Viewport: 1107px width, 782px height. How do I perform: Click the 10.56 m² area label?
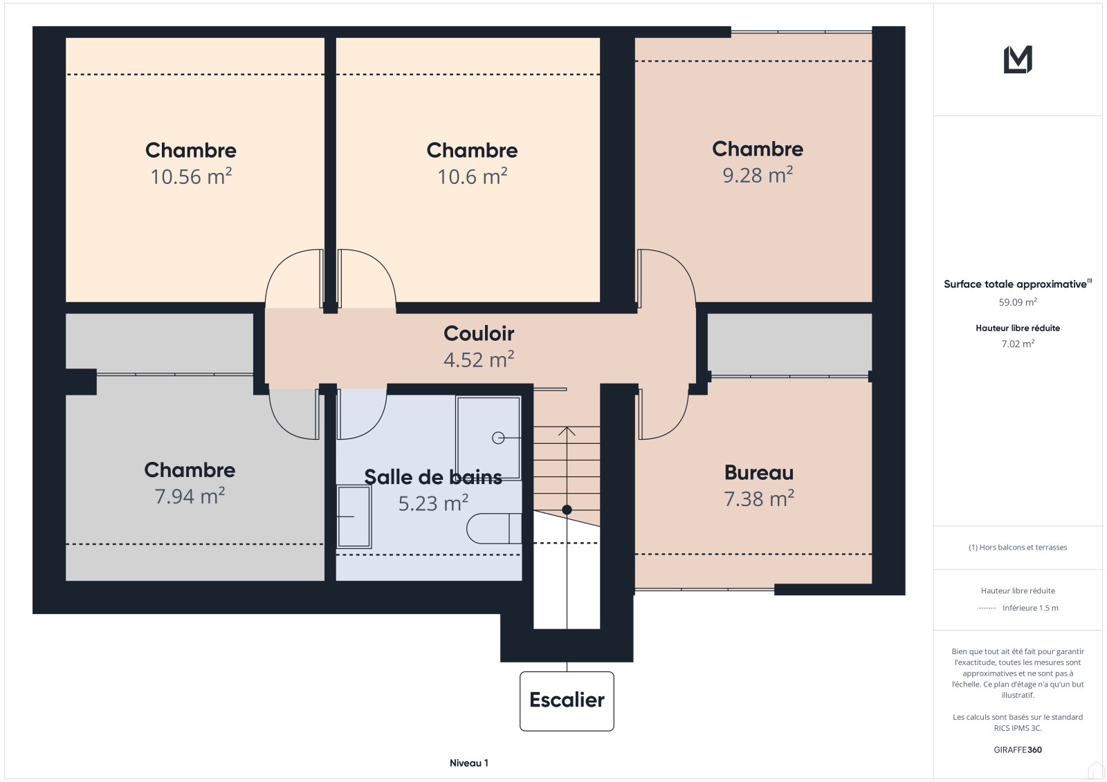(191, 176)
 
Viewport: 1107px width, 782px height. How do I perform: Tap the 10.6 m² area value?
(473, 176)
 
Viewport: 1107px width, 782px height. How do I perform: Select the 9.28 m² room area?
(758, 175)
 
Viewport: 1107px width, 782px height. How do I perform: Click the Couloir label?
(479, 333)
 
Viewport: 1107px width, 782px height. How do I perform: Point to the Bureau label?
(759, 473)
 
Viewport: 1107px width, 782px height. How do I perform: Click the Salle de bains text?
(433, 477)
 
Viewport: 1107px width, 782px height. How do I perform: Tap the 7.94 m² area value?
(190, 496)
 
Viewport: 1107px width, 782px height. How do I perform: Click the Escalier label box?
(567, 701)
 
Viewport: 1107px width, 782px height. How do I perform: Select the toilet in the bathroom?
(494, 528)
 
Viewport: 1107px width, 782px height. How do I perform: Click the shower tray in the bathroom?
(488, 438)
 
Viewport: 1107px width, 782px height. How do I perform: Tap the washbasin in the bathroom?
(354, 516)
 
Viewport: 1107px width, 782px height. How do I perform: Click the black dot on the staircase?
(567, 510)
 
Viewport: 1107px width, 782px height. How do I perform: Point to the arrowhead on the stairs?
(567, 431)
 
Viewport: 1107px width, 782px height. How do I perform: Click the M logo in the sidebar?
(1018, 59)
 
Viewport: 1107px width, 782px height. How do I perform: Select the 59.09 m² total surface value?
(1018, 302)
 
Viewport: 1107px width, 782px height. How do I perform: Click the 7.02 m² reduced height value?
(1018, 344)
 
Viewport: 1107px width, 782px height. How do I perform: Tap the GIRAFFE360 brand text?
(1018, 750)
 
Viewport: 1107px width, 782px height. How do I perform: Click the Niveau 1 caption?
(468, 763)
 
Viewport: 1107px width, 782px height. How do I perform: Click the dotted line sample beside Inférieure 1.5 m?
(987, 608)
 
